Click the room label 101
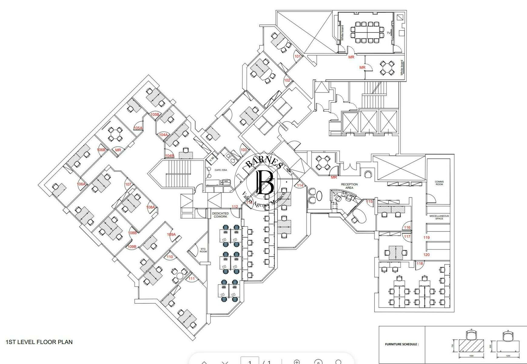tap(297, 56)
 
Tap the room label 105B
tap(155, 115)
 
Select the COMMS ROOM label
tap(439, 183)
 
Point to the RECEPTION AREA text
tap(349, 186)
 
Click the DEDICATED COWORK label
tap(220, 215)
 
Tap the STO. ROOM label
tap(203, 250)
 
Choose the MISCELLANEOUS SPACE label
tap(439, 217)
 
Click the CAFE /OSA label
tap(221, 170)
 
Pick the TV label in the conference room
tap(389, 33)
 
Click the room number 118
tap(419, 264)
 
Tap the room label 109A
tap(171, 234)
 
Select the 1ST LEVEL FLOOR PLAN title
tap(39, 342)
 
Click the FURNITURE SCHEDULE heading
tap(402, 344)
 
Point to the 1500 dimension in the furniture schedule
tap(471, 356)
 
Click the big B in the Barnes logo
tap(265, 183)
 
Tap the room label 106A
tap(81, 184)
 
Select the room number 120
tap(426, 255)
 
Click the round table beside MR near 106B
tap(115, 133)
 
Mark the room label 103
tap(243, 150)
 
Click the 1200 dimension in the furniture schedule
tap(508, 356)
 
